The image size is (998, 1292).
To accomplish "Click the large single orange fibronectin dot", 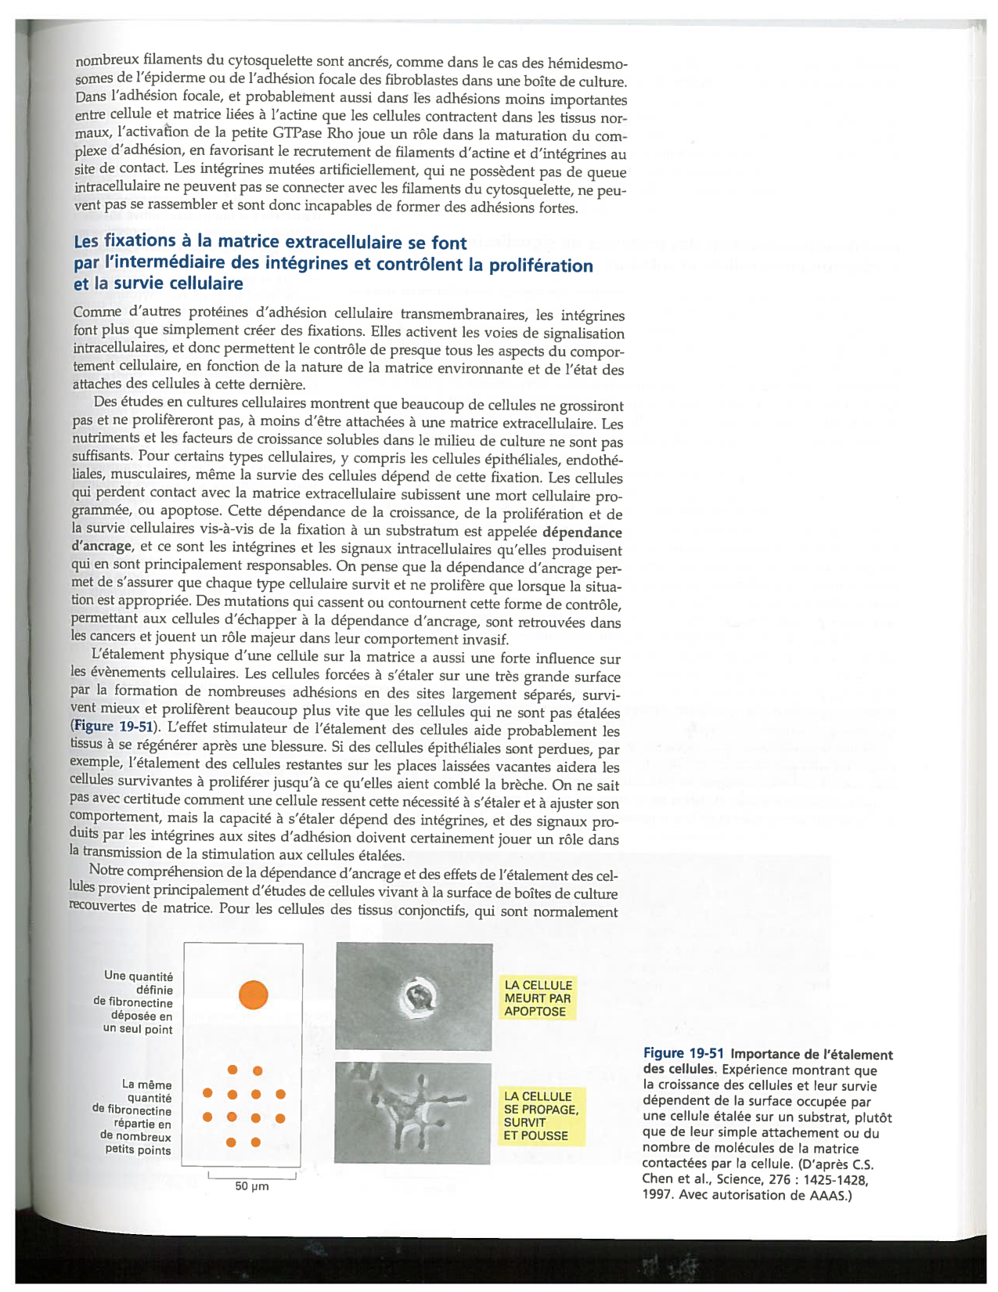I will (x=253, y=994).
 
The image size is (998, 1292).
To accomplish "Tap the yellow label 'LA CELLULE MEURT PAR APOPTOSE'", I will (x=538, y=998).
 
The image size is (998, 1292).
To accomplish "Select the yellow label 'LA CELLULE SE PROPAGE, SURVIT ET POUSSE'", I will (x=541, y=1116).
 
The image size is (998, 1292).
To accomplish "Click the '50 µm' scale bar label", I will (x=252, y=1186).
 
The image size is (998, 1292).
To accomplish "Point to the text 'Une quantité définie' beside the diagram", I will (x=139, y=983).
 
